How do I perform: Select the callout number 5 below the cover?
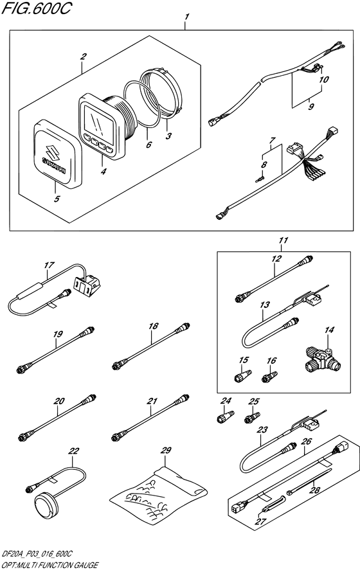point(56,199)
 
